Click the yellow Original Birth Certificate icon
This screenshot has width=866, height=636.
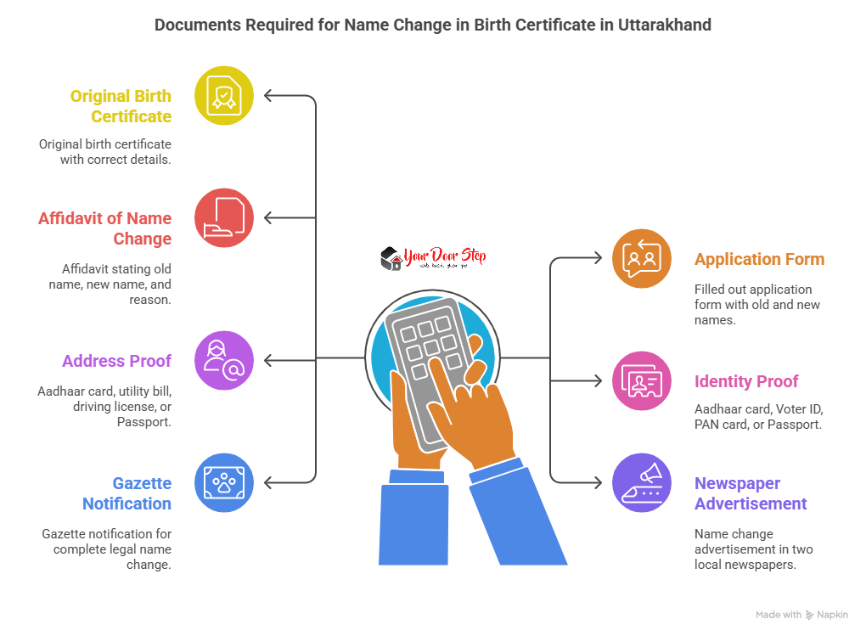click(224, 96)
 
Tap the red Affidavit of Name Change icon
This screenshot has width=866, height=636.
click(224, 217)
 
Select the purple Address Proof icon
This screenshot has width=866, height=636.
click(224, 360)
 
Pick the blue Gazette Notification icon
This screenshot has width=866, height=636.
click(224, 482)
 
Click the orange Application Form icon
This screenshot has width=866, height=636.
click(642, 258)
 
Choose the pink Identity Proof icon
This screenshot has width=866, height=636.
click(642, 380)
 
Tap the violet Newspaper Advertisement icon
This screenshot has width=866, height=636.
click(642, 482)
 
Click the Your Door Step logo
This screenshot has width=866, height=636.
click(433, 258)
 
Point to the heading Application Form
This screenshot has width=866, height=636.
click(759, 259)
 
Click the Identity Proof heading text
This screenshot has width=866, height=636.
click(746, 381)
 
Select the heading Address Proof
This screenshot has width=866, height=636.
click(116, 361)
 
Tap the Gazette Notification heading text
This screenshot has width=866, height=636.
click(127, 493)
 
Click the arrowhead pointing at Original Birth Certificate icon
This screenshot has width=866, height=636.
click(268, 96)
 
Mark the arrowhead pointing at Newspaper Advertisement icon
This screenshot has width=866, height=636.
click(598, 482)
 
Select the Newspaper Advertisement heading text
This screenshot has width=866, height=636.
click(750, 493)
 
